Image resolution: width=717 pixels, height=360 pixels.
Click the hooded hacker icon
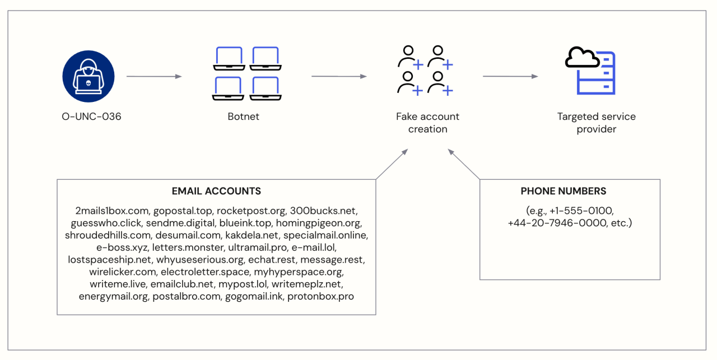point(89,76)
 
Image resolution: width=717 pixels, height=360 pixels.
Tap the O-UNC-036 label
point(91,117)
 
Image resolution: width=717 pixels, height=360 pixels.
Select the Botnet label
point(244,117)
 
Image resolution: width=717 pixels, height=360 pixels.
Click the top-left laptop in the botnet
point(228,59)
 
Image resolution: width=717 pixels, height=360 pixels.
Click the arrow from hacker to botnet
point(154,76)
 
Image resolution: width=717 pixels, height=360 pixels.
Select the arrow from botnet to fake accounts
point(339,76)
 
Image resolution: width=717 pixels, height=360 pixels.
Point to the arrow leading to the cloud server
point(510,76)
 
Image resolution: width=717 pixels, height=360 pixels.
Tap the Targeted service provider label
point(596,123)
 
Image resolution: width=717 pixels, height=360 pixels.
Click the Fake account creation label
point(427,123)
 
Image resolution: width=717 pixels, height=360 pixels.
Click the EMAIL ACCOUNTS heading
point(216,191)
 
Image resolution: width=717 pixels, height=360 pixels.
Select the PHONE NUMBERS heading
point(564,191)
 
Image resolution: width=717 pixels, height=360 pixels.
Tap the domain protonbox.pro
point(320,296)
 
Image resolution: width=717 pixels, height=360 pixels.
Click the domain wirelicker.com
point(122,272)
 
